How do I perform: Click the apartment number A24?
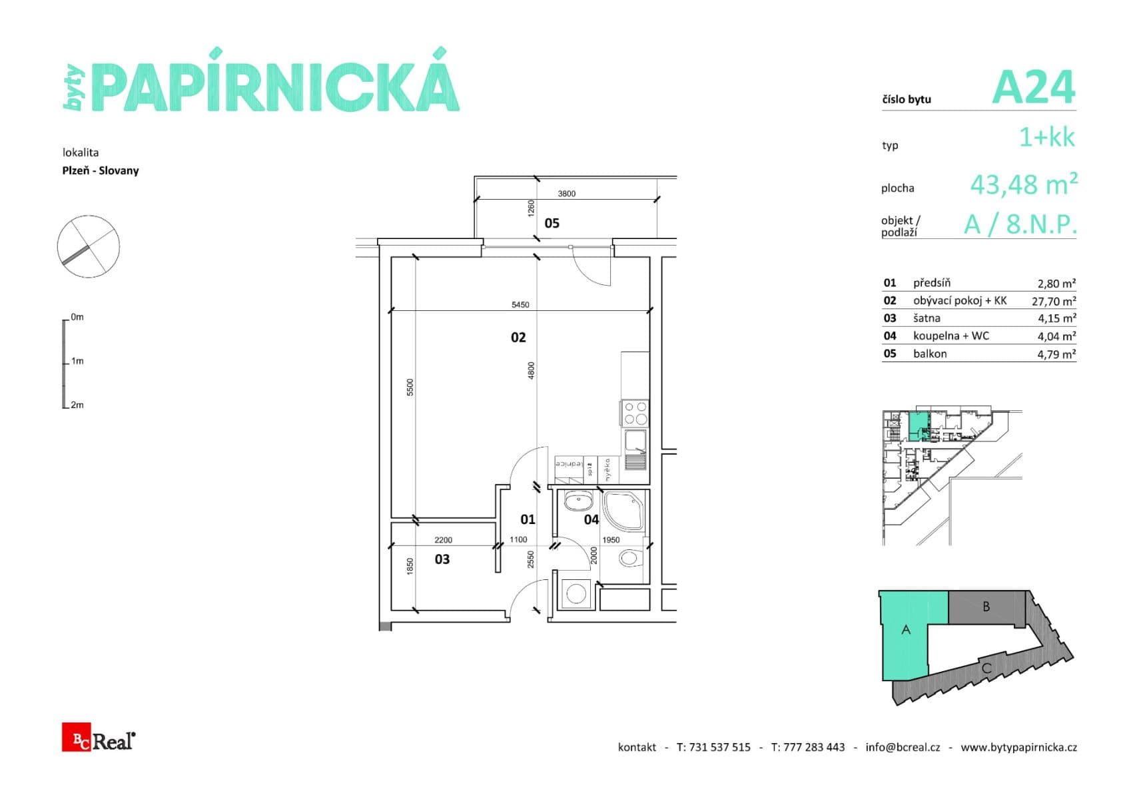pos(1033,88)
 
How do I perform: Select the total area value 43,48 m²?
pos(1023,184)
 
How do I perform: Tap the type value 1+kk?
pos(1046,137)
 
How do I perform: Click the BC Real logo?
pos(99,737)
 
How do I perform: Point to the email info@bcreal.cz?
pos(903,747)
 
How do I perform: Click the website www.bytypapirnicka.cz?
pos(1018,747)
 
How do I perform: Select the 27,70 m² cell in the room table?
pos(1053,301)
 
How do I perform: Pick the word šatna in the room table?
pos(927,318)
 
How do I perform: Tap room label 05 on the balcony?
pos(552,223)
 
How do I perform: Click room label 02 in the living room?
pos(518,338)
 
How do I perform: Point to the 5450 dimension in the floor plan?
pos(520,305)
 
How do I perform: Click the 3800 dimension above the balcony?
pos(566,194)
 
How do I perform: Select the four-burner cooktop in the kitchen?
pos(635,413)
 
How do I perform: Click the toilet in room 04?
pos(629,558)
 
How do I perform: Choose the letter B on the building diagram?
pos(986,607)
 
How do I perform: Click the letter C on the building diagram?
pos(986,668)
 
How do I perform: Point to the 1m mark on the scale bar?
pos(77,361)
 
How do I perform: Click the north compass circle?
pos(89,246)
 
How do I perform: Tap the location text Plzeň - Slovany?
pos(101,170)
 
